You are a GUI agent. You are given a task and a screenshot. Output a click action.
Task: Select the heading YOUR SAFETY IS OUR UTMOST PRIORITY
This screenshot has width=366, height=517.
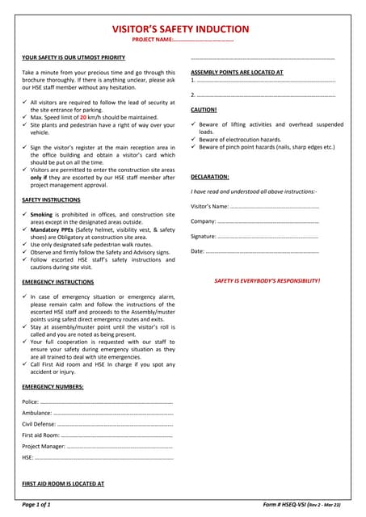pos(74,58)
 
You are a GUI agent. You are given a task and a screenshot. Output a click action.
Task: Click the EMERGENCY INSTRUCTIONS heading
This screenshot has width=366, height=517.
pos(58,282)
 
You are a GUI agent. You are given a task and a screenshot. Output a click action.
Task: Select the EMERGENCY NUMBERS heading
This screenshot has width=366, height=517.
pos(53,387)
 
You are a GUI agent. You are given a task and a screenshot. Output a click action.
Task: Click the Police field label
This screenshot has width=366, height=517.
pos(30,401)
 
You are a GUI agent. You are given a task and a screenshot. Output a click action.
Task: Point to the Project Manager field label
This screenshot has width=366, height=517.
pos(44,446)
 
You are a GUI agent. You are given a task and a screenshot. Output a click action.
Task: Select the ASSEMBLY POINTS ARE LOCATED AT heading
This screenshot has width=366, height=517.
pos(237,72)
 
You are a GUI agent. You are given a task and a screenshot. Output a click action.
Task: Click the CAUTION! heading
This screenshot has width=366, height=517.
pos(204,109)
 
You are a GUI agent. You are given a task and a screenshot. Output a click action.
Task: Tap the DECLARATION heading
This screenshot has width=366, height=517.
pos(210,176)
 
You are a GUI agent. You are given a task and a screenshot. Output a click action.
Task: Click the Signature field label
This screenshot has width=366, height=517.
pos(204,236)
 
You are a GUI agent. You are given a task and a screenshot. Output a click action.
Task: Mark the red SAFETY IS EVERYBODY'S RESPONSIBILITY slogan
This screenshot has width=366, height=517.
pos(267,280)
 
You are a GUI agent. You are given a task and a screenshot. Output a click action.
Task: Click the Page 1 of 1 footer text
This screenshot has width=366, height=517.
pos(37,505)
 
